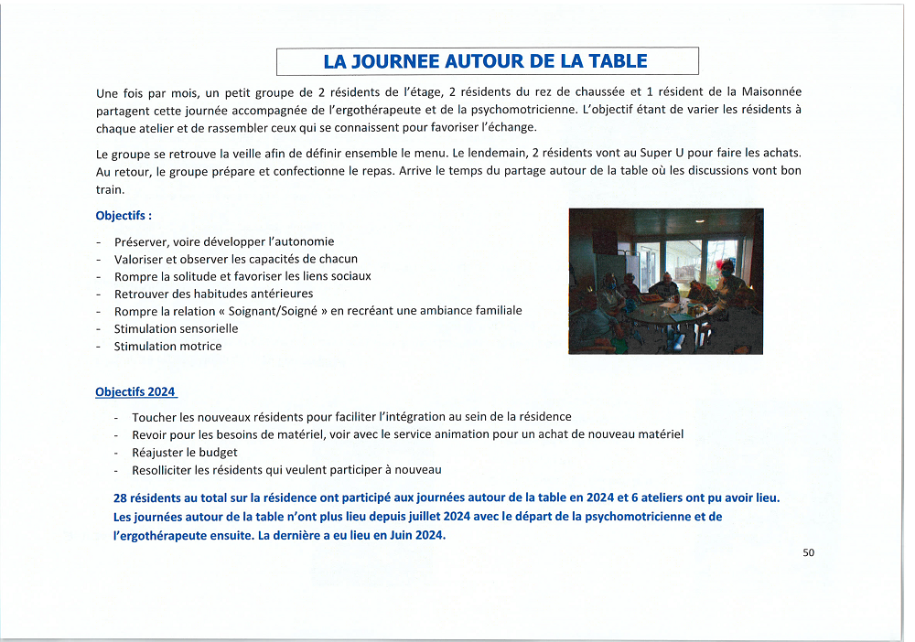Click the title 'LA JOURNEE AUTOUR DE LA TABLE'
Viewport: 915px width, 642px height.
tap(485, 61)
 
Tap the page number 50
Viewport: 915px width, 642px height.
tap(808, 552)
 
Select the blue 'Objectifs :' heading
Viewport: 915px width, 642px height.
tap(124, 216)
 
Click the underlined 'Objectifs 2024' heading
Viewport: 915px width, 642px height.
tap(135, 391)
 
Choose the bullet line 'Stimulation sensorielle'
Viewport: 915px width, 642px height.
tap(176, 328)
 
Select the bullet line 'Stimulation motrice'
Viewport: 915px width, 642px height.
tap(167, 346)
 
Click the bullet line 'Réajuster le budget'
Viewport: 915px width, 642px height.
tap(185, 452)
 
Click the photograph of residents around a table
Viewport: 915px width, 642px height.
tap(665, 281)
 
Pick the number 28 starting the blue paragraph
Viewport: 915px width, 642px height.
tap(120, 498)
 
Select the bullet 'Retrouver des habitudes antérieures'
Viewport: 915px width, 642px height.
tap(213, 294)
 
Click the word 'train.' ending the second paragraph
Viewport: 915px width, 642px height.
tap(110, 189)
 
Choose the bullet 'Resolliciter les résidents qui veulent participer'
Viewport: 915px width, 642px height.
tap(286, 469)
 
